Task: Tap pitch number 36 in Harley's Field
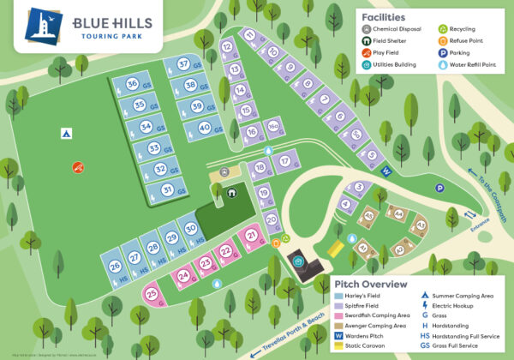point(133,85)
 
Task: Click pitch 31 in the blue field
point(146,189)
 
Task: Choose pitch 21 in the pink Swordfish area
point(252,235)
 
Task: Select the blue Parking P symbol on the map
point(439,188)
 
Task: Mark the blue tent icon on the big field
point(65,134)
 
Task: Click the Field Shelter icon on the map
point(231,191)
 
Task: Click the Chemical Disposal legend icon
point(368,28)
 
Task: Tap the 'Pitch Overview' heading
point(371,284)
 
